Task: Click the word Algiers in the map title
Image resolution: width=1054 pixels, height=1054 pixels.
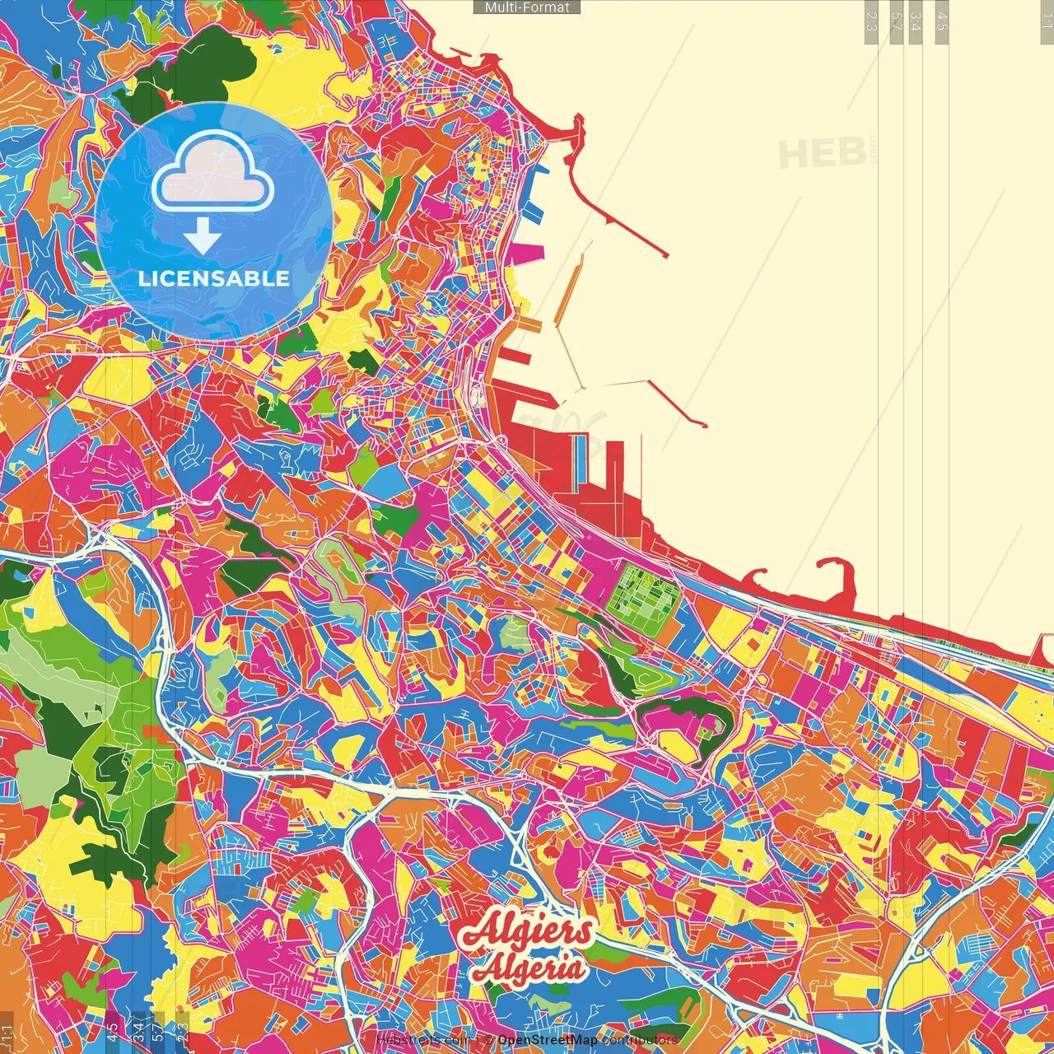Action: [527, 930]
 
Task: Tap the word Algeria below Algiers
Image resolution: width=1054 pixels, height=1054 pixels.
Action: [529, 968]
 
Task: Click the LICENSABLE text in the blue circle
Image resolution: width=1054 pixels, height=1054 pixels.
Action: [213, 278]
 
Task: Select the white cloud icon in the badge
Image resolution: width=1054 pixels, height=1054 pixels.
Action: [213, 170]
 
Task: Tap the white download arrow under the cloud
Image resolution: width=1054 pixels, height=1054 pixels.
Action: [203, 238]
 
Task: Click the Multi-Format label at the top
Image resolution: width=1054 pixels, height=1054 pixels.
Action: [527, 7]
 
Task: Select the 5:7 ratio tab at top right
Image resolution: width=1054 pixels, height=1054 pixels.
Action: [896, 21]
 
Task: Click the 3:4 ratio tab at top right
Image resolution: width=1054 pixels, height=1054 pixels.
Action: [916, 21]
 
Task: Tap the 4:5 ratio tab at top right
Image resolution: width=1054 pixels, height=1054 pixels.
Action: [941, 21]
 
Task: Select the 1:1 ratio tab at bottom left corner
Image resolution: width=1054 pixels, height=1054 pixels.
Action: [7, 1032]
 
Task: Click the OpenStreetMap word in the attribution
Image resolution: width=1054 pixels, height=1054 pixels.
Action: [548, 1040]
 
